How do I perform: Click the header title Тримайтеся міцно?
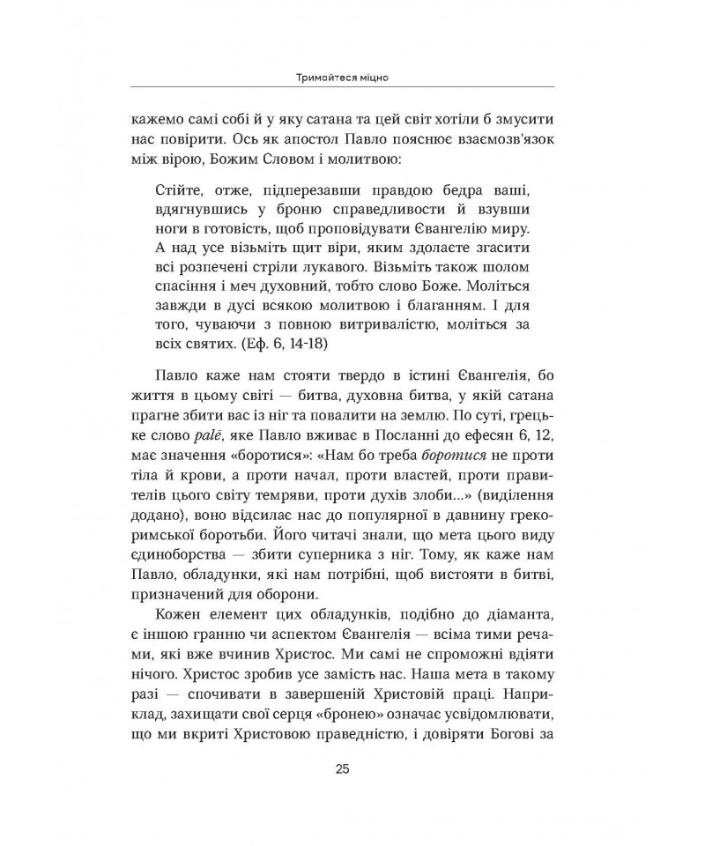pyautogui.click(x=343, y=78)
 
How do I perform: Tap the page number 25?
pyautogui.click(x=343, y=768)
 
